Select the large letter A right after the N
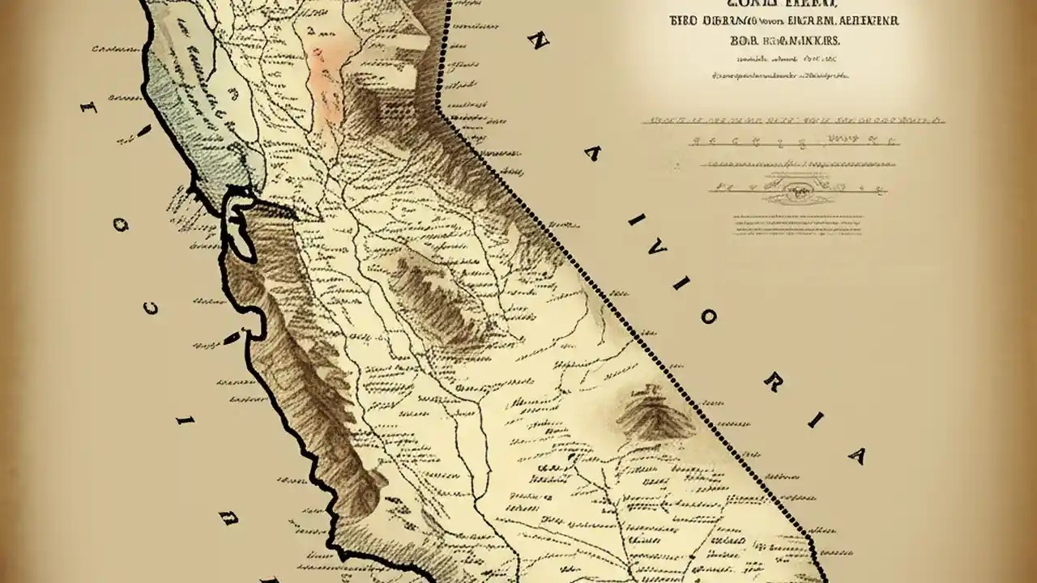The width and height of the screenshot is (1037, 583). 592,153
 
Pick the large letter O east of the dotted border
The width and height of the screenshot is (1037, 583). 706,317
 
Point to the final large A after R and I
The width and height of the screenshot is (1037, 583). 856,456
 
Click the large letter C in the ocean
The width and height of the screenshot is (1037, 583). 152,309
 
